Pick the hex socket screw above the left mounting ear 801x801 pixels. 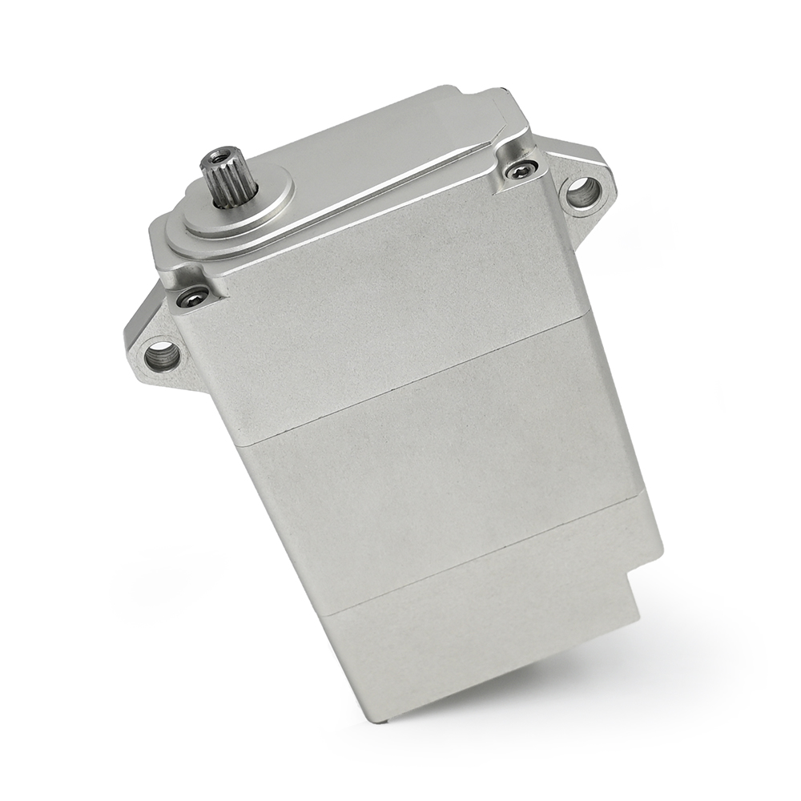point(193,297)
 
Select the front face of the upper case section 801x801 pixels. point(384,304)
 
